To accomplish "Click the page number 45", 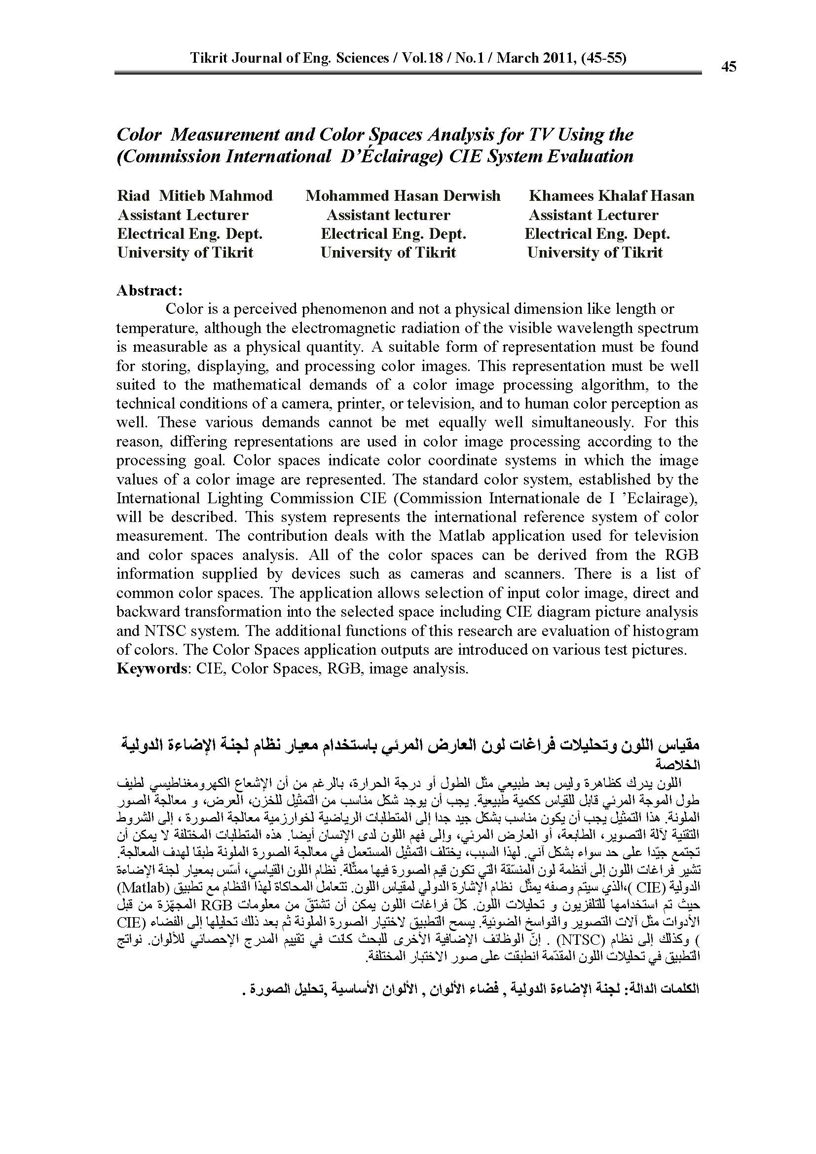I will (728, 66).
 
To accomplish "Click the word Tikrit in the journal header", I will (209, 58).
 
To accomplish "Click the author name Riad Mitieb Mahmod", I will (195, 195).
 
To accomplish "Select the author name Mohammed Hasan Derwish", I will (403, 195).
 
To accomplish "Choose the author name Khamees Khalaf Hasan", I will (611, 195).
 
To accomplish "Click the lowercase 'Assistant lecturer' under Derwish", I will (388, 215).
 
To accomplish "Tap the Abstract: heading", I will (149, 291).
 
